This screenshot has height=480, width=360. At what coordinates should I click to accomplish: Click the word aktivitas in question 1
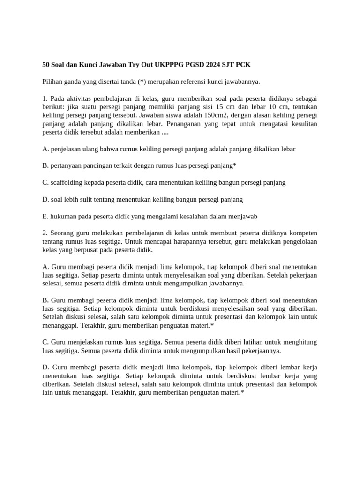tap(79, 98)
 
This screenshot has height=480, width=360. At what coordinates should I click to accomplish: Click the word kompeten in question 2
tap(303, 233)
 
